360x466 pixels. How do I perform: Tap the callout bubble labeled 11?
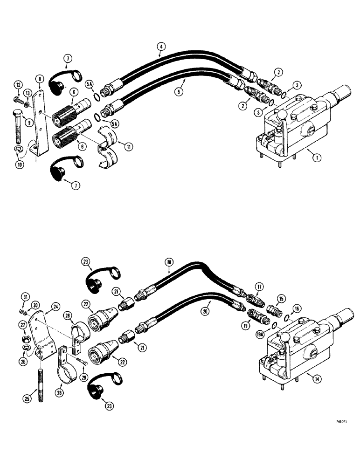tap(129, 147)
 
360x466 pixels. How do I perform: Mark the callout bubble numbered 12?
tap(18, 84)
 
